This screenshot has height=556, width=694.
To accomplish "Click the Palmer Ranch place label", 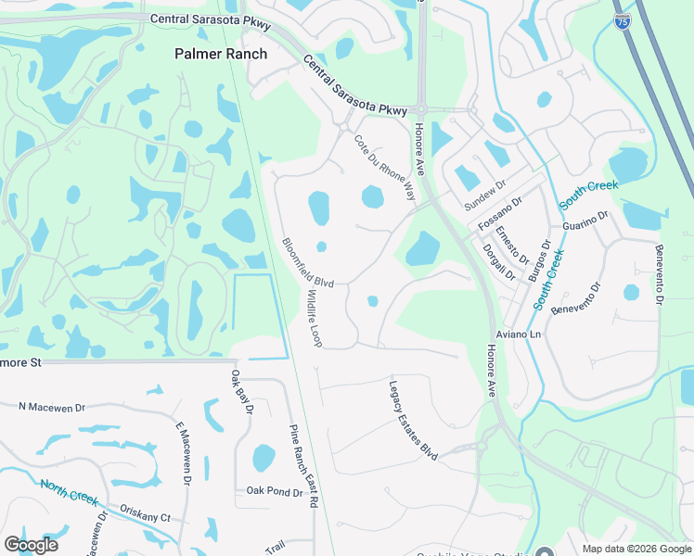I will [x=221, y=54].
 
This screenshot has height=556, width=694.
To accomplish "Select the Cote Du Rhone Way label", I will [x=384, y=168].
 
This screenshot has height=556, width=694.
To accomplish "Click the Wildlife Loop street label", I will [x=314, y=318].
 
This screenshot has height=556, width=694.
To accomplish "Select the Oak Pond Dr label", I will [x=275, y=491].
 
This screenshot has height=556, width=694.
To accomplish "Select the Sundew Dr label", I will [x=487, y=192].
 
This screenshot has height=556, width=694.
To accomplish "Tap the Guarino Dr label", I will [x=584, y=221].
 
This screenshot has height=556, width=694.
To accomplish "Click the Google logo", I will [x=31, y=545].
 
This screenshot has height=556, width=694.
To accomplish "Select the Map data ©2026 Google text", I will [x=636, y=549].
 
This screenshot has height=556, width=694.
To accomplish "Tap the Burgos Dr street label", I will [x=539, y=262].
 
